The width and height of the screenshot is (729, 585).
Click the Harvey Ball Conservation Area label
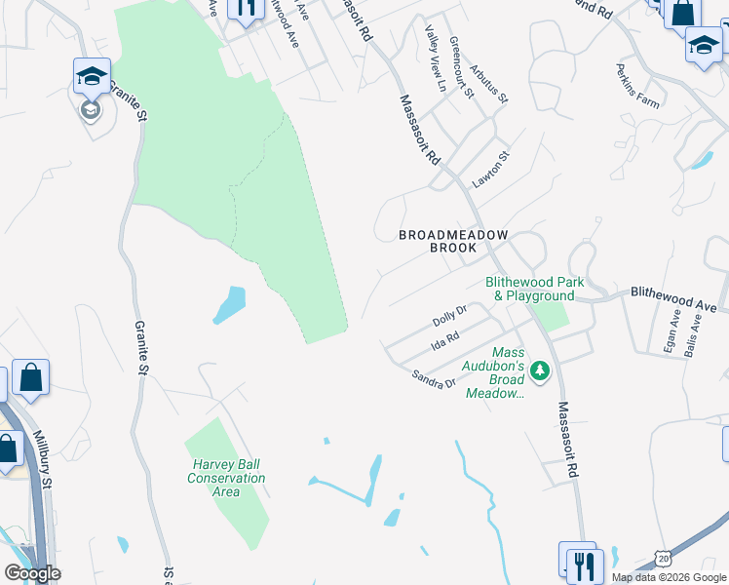(226, 478)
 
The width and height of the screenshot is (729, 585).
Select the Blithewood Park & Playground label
(534, 289)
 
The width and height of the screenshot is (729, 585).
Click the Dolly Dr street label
(449, 316)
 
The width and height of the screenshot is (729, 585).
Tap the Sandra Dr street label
(434, 377)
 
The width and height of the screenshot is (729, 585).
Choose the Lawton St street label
(491, 170)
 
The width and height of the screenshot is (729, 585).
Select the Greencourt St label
(460, 67)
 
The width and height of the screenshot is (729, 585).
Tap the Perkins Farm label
(636, 86)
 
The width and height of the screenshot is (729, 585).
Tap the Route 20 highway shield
(663, 557)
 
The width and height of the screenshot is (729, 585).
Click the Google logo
(32, 573)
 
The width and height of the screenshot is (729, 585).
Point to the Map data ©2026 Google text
(669, 577)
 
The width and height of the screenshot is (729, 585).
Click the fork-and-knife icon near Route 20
(585, 565)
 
